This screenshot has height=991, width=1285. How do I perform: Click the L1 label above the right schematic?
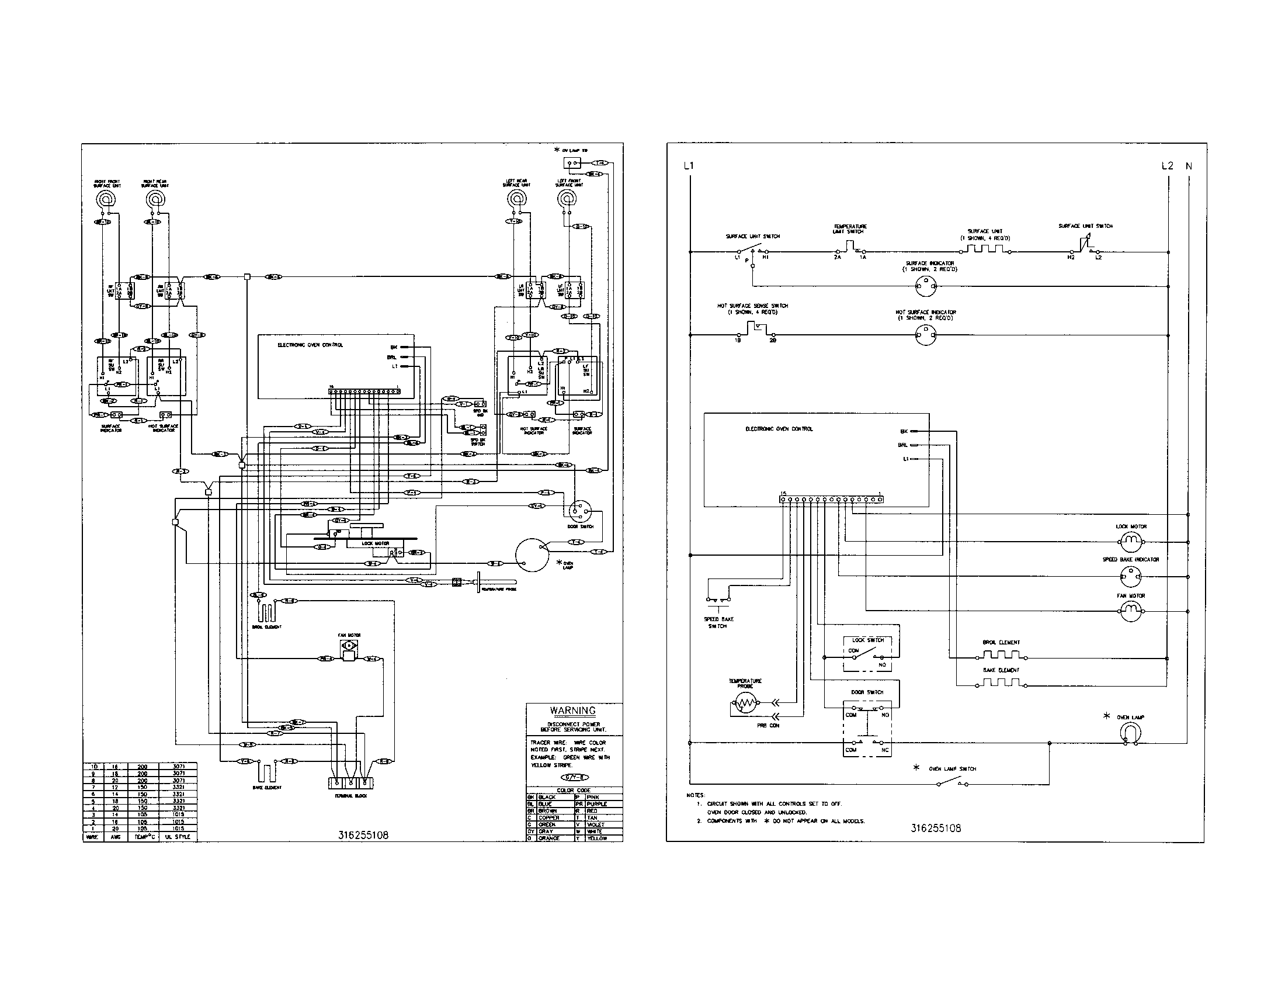pyautogui.click(x=689, y=166)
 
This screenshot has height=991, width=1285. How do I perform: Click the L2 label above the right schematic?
pyautogui.click(x=1168, y=166)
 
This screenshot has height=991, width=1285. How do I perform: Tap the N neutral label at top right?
pyautogui.click(x=1189, y=166)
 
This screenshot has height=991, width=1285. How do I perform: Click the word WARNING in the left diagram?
pyautogui.click(x=572, y=711)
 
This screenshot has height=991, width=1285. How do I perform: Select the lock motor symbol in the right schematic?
pyautogui.click(x=1131, y=541)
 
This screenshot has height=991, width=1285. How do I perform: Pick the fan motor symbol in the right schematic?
pyautogui.click(x=1131, y=612)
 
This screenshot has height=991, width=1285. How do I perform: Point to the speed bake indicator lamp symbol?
pyautogui.click(x=1131, y=577)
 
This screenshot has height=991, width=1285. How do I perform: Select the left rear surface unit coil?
pyautogui.click(x=515, y=199)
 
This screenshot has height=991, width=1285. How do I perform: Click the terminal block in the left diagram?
pyautogui.click(x=350, y=782)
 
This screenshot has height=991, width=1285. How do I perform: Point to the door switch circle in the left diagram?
pyautogui.click(x=580, y=510)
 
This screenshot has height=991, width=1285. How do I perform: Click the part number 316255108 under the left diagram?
pyautogui.click(x=363, y=835)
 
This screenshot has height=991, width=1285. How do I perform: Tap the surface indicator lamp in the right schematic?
pyautogui.click(x=926, y=287)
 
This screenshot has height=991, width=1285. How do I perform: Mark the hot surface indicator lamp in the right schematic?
pyautogui.click(x=926, y=336)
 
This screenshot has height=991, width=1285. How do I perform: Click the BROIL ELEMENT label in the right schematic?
pyautogui.click(x=1001, y=642)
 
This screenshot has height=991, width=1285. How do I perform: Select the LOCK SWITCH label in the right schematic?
pyautogui.click(x=868, y=640)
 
